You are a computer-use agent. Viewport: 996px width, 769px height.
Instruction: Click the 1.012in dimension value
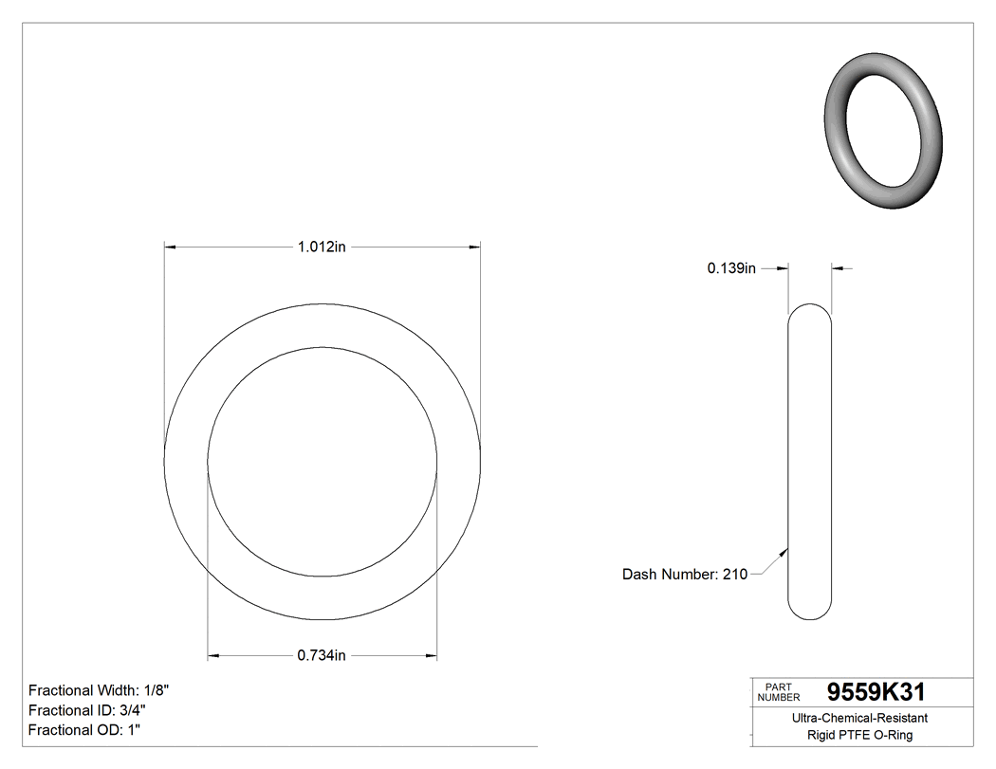point(322,247)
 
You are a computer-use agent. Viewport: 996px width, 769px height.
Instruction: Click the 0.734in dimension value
point(322,655)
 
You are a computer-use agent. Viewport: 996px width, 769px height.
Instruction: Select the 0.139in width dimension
point(730,268)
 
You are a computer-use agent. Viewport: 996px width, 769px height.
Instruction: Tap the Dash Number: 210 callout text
point(684,574)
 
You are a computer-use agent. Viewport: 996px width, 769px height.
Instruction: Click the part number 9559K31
point(876,691)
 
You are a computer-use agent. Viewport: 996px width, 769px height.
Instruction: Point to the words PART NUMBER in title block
point(779,692)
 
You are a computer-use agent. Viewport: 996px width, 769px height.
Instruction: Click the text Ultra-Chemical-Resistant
point(859,719)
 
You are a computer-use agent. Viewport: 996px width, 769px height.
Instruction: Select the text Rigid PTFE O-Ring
point(859,735)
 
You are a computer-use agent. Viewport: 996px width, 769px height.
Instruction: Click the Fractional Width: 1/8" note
point(100,690)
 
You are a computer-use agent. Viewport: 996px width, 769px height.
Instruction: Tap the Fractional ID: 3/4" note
point(87,710)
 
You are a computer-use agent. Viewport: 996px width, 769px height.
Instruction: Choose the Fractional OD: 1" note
point(84,730)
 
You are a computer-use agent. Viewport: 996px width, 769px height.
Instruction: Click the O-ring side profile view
point(810,461)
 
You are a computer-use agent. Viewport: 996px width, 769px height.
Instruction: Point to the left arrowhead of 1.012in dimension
point(172,247)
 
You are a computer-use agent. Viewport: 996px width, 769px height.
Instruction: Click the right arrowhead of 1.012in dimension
point(473,247)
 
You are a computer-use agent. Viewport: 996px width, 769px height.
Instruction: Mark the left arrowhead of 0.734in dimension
point(214,655)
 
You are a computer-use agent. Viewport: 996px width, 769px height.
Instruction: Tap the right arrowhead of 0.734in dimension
point(431,655)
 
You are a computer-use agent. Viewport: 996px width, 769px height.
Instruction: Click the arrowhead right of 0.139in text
point(783,268)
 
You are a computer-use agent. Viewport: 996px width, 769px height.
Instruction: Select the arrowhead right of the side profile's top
point(838,268)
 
